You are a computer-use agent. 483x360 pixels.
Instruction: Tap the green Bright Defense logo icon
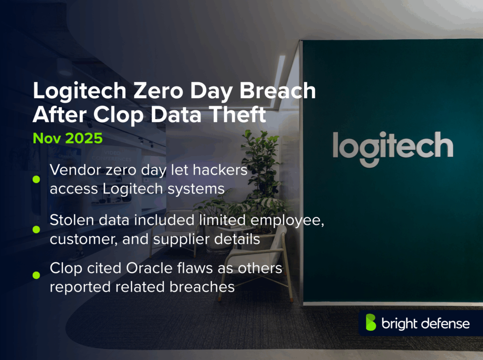371,323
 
